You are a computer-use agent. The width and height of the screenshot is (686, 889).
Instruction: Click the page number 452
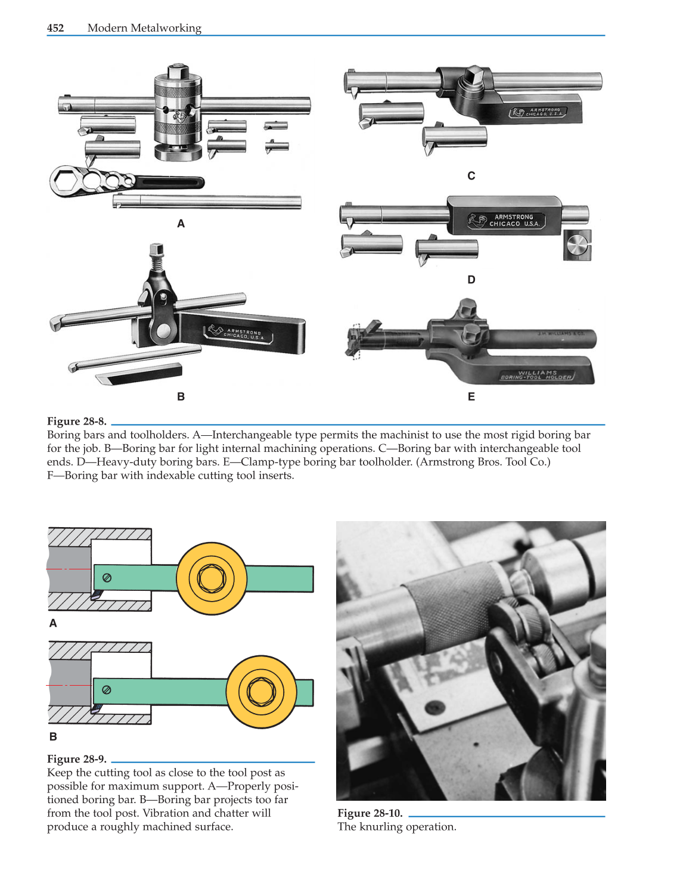coord(55,28)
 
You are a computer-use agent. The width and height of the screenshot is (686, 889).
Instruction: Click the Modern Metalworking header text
coord(144,28)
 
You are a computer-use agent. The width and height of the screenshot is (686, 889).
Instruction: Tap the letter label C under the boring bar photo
coord(471,176)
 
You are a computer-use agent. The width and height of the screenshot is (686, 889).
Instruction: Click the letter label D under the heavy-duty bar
coord(471,280)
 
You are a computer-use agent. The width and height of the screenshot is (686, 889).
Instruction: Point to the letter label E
coord(471,397)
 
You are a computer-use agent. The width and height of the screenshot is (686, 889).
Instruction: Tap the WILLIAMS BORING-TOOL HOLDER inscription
coord(536,375)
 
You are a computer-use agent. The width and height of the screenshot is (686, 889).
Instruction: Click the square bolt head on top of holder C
coord(473,76)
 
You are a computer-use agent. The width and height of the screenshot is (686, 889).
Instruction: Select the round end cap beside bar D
coord(577,245)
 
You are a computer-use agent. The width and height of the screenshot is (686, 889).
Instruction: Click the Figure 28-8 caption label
coord(76,421)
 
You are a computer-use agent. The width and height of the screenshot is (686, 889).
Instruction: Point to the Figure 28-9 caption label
coord(76,759)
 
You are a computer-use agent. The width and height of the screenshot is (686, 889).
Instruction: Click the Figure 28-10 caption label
coord(370,813)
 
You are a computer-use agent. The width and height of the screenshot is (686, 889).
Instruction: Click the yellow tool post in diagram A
coord(211,578)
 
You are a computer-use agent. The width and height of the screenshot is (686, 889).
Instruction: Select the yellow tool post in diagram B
coord(261,692)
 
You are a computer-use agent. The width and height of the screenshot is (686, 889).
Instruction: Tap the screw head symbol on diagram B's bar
coord(107,690)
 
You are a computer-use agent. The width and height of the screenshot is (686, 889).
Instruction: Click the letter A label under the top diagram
coord(53,624)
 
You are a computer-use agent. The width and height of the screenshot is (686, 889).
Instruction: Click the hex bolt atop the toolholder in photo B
coord(157,249)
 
